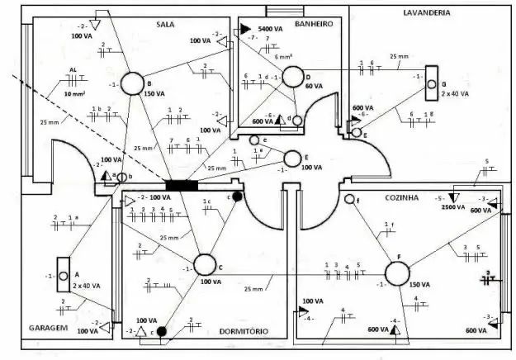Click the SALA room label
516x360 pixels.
[165, 25]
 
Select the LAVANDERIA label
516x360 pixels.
[426, 13]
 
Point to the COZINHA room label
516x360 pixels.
[402, 198]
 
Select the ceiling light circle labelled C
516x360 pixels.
[204, 266]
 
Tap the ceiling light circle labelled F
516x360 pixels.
[399, 275]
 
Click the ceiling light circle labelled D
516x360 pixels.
[292, 77]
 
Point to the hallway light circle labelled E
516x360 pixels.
[291, 158]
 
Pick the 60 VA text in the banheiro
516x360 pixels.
[314, 86]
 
